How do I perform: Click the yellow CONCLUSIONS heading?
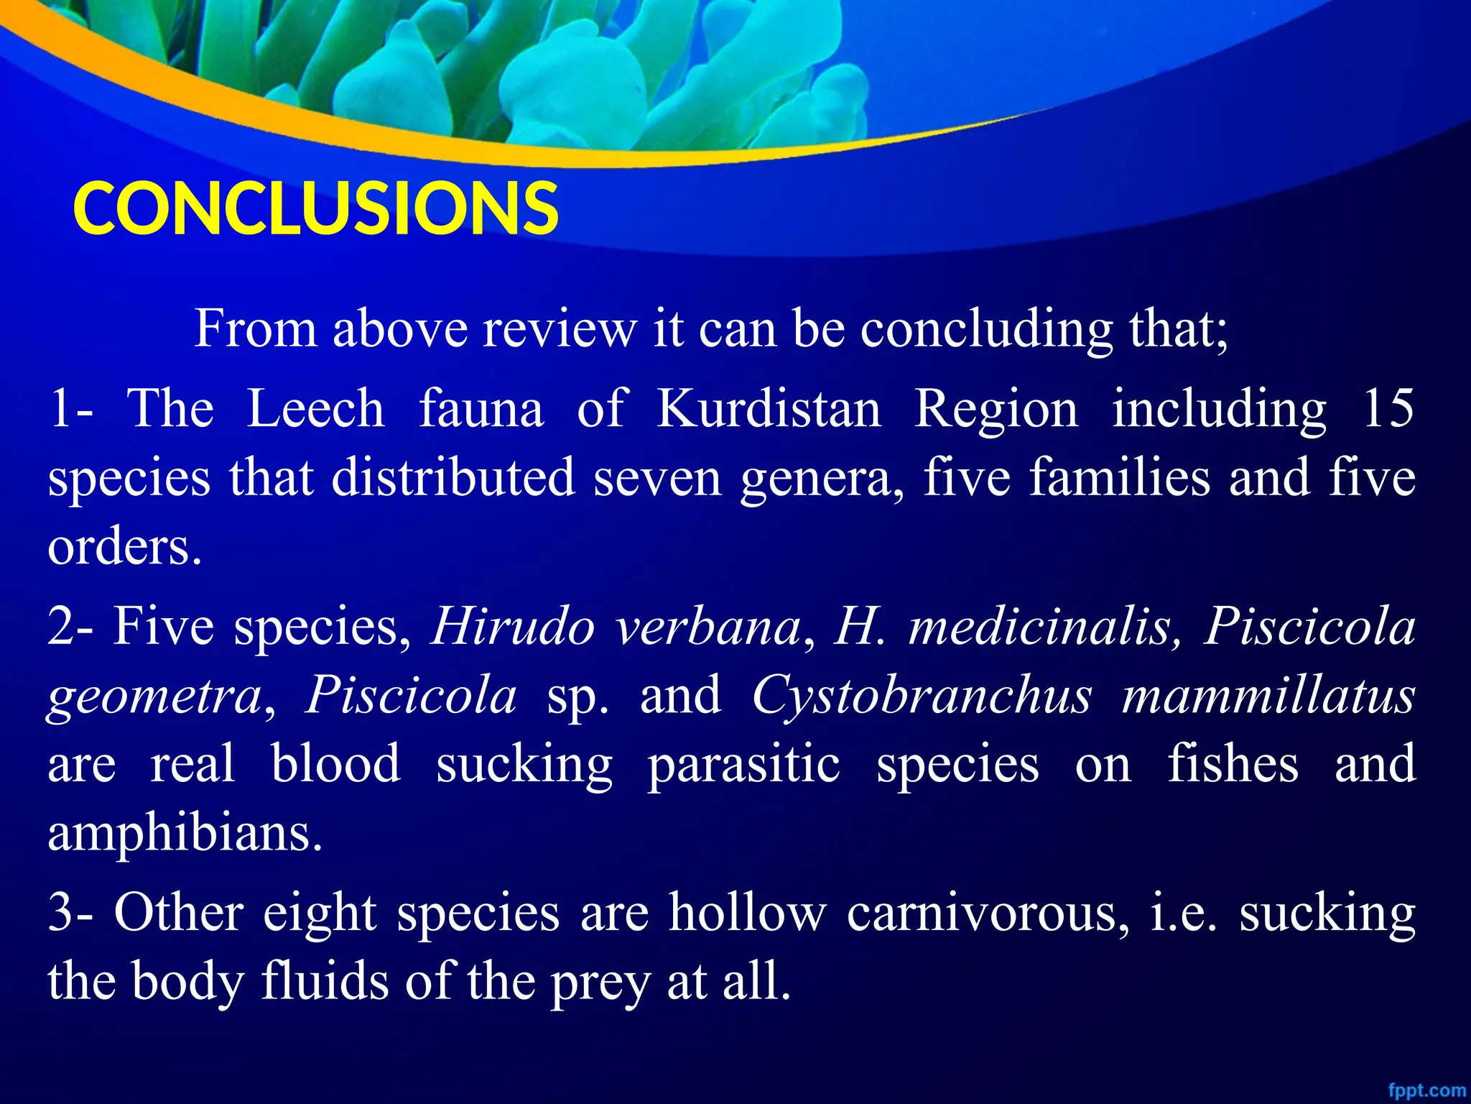315,208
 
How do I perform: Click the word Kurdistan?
769,409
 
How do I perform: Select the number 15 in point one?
1388,408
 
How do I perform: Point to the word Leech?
315,409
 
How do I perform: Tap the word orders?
124,547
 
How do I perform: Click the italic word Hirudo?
513,626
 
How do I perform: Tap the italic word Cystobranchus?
922,696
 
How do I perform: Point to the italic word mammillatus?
1268,696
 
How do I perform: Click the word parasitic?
743,765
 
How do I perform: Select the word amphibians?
185,834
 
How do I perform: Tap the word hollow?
748,913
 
